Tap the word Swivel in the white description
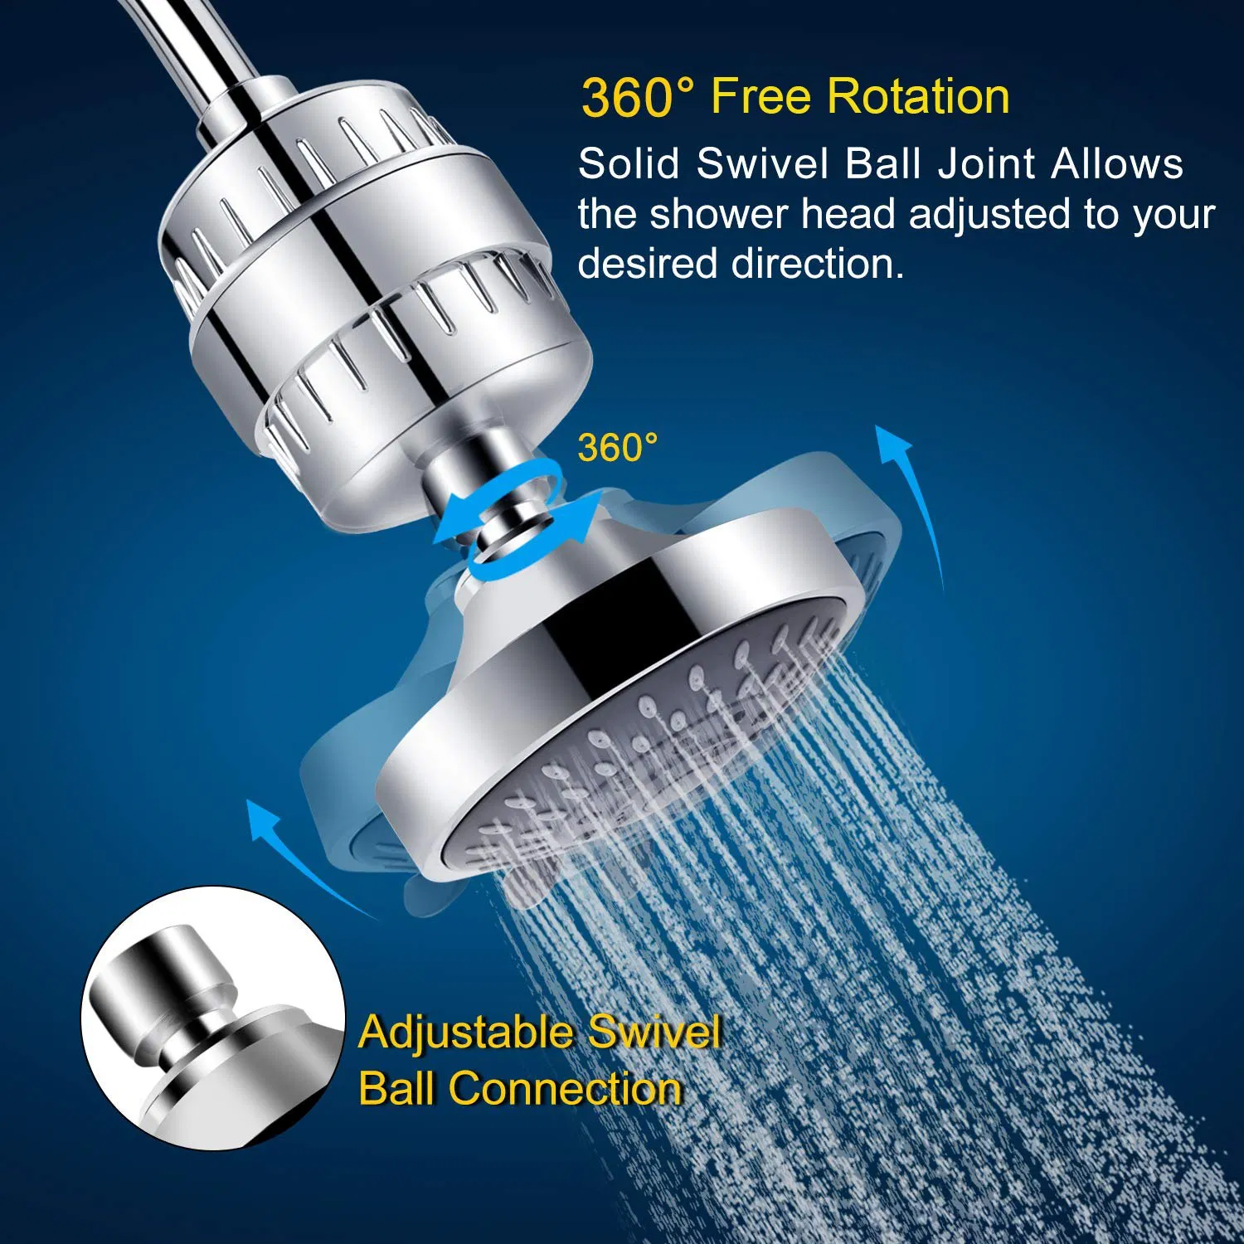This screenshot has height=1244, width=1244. click(762, 163)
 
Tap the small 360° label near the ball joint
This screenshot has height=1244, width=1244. click(617, 448)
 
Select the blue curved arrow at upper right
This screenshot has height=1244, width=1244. click(916, 498)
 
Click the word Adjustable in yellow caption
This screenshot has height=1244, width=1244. click(467, 1033)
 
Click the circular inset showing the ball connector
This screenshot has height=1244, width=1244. click(213, 1018)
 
